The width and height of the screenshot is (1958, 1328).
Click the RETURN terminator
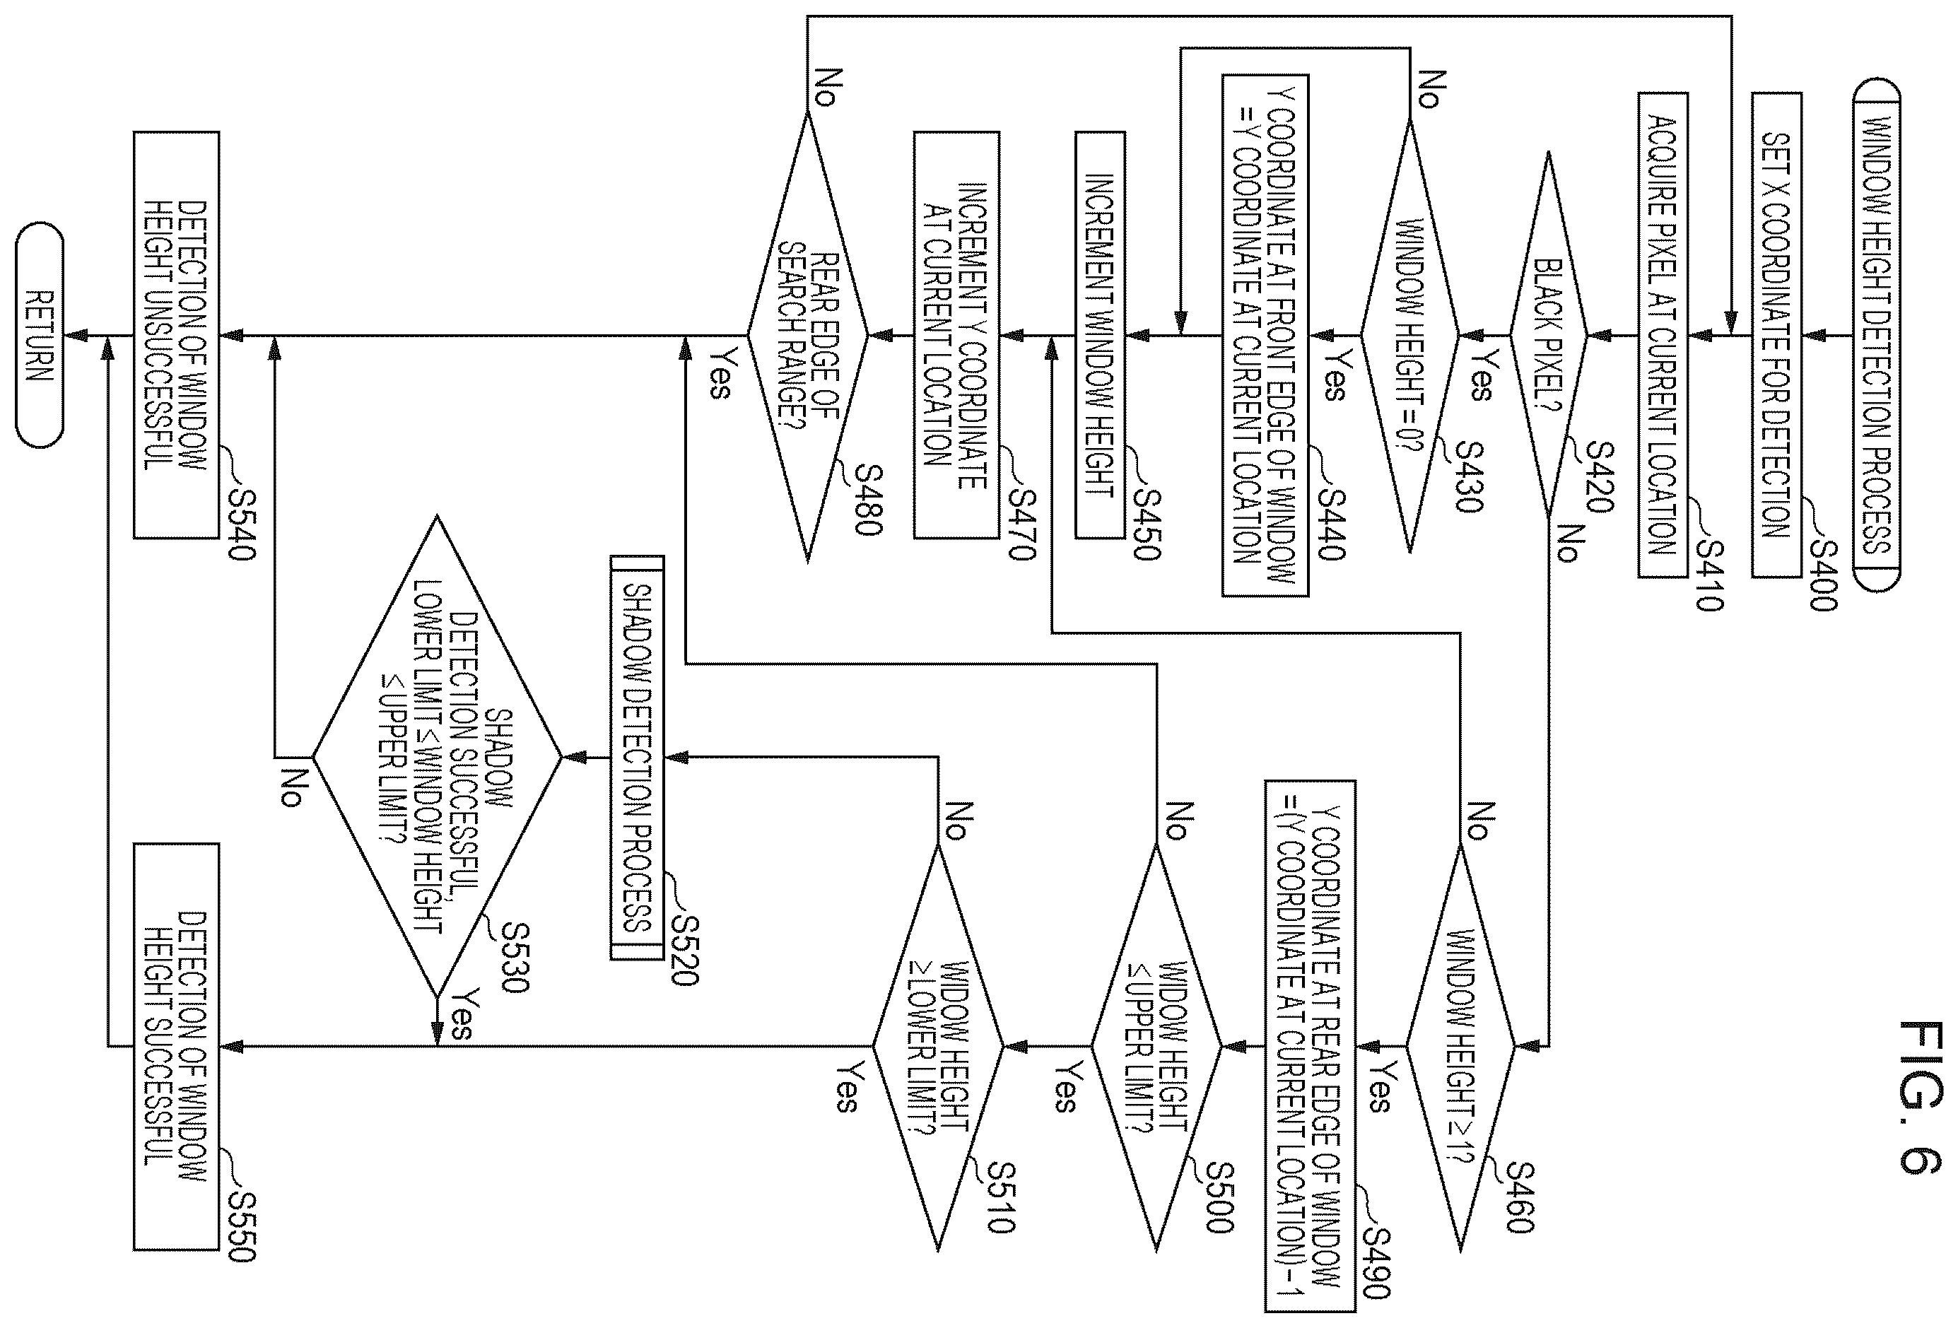coord(40,336)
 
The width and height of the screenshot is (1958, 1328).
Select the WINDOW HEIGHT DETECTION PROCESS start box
coord(1876,336)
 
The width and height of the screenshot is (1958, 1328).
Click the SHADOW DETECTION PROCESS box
coord(638,757)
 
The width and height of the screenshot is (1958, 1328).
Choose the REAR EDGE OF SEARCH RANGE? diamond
coord(808,336)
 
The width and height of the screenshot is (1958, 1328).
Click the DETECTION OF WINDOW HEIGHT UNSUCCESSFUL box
coord(177,336)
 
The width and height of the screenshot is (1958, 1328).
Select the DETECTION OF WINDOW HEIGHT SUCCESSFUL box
coord(177,1047)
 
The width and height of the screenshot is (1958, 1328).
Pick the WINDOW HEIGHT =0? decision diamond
coord(1409,336)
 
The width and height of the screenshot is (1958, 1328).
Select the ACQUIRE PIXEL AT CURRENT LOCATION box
coord(1663,336)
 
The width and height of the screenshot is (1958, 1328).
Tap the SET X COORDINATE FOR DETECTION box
coord(1777,336)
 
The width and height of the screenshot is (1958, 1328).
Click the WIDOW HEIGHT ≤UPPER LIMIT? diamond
coord(1156,1047)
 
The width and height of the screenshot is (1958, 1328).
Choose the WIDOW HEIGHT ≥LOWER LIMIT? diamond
coord(938,1047)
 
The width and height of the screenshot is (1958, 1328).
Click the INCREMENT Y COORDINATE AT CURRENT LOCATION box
coord(957,336)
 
